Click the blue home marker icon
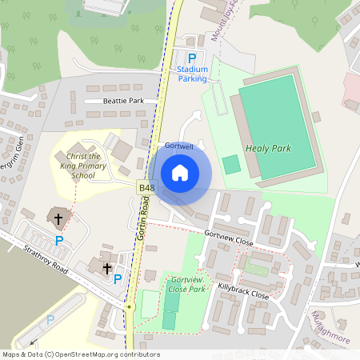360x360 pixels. (180, 172)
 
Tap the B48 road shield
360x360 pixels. (146, 188)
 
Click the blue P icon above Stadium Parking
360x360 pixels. (191, 58)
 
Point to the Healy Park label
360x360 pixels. (269, 148)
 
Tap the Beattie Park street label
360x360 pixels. (123, 102)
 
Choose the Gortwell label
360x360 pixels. (180, 146)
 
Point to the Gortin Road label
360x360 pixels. (141, 219)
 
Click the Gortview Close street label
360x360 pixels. (229, 239)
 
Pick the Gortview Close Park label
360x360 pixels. (188, 284)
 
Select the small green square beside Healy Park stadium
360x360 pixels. (231, 165)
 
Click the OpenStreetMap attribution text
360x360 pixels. (80, 354)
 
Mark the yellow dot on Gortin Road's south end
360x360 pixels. (128, 306)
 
